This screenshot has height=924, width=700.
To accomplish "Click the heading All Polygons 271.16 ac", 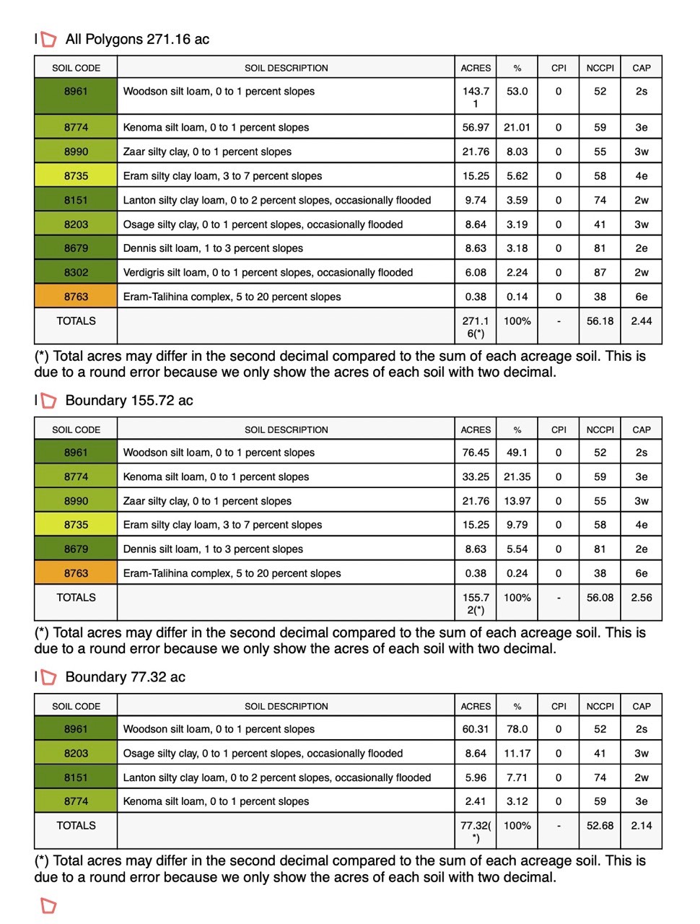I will (137, 40).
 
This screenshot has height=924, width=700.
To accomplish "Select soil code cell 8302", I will (76, 272).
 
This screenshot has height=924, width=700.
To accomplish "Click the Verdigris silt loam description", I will (268, 272).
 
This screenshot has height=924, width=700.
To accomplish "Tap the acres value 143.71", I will (476, 97).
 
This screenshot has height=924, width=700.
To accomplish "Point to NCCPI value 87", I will (600, 272).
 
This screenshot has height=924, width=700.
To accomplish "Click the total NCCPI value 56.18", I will (600, 321).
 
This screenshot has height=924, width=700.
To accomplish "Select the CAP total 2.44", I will (641, 321).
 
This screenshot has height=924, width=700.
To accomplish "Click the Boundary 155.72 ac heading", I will (129, 401).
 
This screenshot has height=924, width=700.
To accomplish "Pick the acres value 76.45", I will (476, 453).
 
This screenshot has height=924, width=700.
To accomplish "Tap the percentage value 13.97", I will (517, 501).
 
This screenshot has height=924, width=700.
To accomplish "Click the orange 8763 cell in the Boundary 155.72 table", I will (76, 573).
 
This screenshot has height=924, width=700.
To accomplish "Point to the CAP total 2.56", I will (641, 598).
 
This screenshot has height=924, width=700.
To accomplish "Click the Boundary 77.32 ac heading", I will (125, 677).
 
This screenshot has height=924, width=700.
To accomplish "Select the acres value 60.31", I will (476, 729).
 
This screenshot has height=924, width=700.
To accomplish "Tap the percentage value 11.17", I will (517, 754).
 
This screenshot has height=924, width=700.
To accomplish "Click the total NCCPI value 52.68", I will (600, 826).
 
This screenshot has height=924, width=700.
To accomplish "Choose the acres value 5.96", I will (476, 777).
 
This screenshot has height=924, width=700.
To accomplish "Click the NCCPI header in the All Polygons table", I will (600, 68).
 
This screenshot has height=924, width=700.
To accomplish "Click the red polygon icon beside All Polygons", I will (48, 39).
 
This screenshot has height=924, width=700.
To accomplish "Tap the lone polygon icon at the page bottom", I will (48, 905).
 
